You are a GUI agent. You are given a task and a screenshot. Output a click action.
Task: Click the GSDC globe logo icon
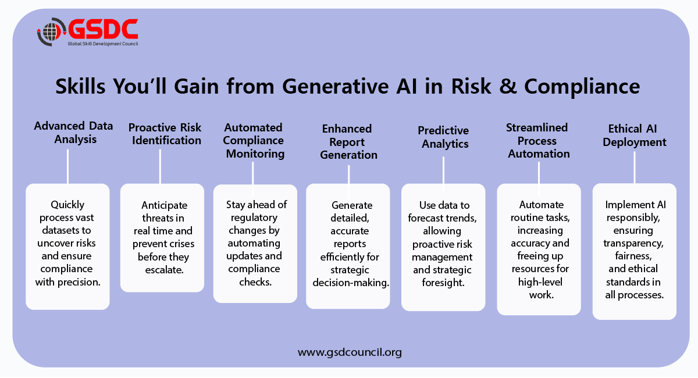[x=51, y=32]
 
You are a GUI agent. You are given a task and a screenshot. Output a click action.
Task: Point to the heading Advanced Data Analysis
[x=73, y=133]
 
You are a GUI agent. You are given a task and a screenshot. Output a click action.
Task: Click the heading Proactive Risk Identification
[x=165, y=134]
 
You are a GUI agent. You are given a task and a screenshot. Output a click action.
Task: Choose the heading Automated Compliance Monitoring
[x=254, y=140]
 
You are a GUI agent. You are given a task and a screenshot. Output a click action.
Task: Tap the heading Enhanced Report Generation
[x=349, y=142]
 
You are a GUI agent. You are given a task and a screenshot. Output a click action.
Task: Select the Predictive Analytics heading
[x=443, y=137]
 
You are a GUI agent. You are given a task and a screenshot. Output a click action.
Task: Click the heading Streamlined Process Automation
[x=539, y=140]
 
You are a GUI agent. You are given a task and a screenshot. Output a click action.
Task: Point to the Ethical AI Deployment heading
[x=634, y=135]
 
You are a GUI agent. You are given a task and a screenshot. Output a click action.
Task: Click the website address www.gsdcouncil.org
[x=350, y=352]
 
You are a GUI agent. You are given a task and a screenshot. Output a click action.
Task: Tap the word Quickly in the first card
[x=67, y=205]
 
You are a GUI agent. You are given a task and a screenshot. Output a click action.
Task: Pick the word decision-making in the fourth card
[x=351, y=282]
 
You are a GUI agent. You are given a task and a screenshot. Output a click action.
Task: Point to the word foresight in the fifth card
[x=442, y=283]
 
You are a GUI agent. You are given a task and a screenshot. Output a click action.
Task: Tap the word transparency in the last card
[x=634, y=243]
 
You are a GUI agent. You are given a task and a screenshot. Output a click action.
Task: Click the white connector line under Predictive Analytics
[x=443, y=171]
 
